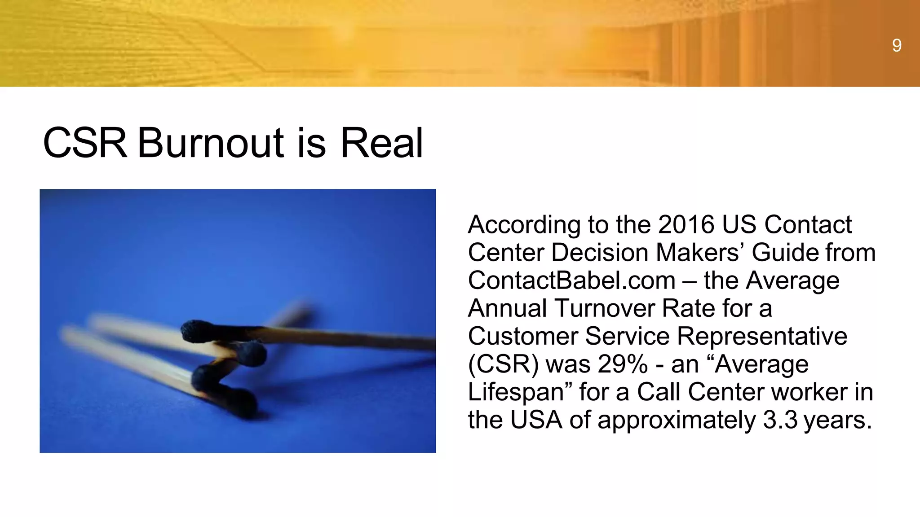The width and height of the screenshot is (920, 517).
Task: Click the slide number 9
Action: coord(896,45)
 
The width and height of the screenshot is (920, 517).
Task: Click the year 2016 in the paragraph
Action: coord(686,224)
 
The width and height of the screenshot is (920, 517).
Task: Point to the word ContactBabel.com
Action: coord(571,280)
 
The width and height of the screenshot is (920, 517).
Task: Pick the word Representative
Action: coord(762,336)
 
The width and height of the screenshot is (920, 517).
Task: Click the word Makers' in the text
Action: coord(697,252)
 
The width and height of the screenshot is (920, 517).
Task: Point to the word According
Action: coord(524,225)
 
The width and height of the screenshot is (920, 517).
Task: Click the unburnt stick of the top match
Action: coord(359,339)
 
